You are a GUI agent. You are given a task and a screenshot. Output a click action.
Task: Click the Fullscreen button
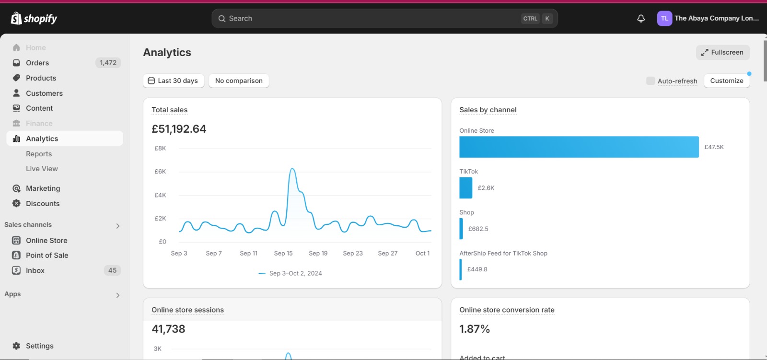pyautogui.click(x=722, y=52)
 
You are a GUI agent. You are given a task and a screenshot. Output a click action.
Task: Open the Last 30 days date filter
pyautogui.click(x=173, y=81)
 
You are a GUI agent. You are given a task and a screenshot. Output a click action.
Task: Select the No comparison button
pyautogui.click(x=239, y=81)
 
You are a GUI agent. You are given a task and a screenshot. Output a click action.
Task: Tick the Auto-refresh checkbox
pyautogui.click(x=650, y=81)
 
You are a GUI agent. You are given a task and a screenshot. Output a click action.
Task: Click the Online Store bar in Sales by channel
pyautogui.click(x=579, y=147)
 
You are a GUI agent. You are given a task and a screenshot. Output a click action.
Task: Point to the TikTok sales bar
pyautogui.click(x=465, y=188)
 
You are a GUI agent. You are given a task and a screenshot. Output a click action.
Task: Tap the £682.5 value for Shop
pyautogui.click(x=478, y=229)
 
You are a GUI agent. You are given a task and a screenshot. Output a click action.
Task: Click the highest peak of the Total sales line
pyautogui.click(x=292, y=169)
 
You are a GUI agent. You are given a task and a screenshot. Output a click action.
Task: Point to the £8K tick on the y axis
pyautogui.click(x=160, y=148)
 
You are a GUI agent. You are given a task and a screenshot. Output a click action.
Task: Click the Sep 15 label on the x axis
pyautogui.click(x=283, y=254)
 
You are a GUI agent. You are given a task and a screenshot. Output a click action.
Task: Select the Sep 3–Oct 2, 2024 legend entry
pyautogui.click(x=291, y=273)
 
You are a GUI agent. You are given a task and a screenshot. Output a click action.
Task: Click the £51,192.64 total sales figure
pyautogui.click(x=179, y=129)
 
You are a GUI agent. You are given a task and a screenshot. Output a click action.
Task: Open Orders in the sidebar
pyautogui.click(x=37, y=63)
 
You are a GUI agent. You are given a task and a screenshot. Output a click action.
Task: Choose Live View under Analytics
pyautogui.click(x=42, y=169)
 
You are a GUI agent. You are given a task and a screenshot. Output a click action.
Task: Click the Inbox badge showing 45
pyautogui.click(x=112, y=271)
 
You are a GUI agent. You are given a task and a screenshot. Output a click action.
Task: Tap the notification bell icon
pyautogui.click(x=640, y=19)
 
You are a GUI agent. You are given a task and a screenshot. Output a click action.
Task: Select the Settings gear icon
pyautogui.click(x=16, y=346)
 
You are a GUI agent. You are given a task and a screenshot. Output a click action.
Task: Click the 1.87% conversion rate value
pyautogui.click(x=475, y=329)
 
